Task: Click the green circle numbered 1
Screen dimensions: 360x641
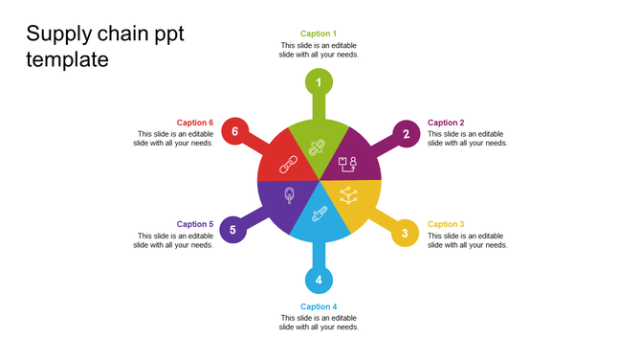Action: point(319,82)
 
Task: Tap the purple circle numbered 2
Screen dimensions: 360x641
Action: point(407,134)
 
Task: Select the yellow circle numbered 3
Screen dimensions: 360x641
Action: point(405,234)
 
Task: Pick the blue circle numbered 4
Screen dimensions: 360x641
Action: point(319,281)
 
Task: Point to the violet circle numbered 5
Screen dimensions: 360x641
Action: point(232,230)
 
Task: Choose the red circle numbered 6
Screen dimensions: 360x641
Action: point(234,131)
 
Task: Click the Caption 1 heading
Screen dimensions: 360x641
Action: point(319,34)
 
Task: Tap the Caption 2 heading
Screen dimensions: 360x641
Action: point(446,123)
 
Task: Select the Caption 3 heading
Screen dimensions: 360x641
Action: point(446,224)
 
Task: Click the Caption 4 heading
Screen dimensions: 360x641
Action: point(319,306)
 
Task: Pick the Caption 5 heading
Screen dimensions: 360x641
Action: point(195,224)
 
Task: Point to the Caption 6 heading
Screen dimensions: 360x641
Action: point(195,123)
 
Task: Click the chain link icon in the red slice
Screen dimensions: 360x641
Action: point(289,166)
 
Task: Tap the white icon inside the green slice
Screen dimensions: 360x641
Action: point(318,146)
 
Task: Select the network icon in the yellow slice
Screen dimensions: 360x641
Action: point(348,196)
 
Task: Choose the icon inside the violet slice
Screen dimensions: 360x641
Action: point(289,194)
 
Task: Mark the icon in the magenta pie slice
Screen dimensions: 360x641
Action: point(346,164)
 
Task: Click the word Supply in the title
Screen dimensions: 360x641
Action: point(58,34)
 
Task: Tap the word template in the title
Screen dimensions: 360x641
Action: point(67,59)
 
